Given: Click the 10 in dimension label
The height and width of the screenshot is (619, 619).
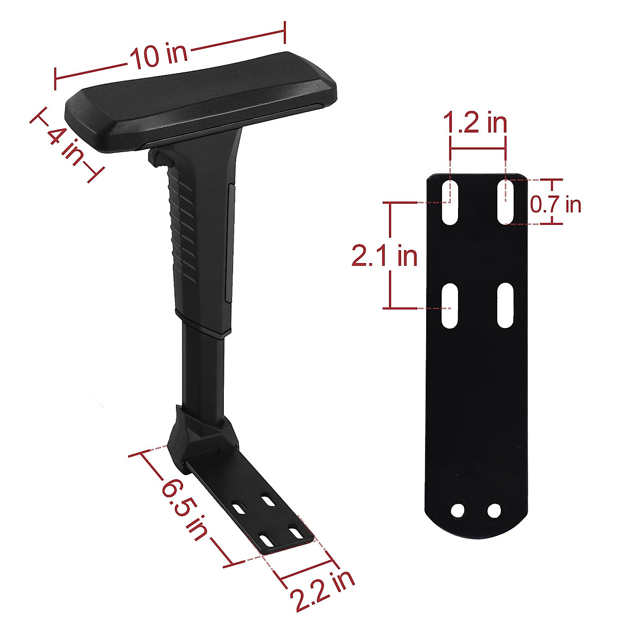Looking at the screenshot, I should [x=158, y=56].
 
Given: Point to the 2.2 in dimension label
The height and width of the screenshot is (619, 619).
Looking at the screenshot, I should [x=321, y=593].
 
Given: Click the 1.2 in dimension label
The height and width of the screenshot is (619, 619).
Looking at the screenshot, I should [x=475, y=124].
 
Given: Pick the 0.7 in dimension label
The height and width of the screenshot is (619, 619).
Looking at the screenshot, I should [x=556, y=205].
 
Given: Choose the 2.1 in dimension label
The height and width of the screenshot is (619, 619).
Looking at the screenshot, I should [x=384, y=256].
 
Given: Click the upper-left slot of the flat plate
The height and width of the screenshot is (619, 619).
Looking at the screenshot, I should [x=450, y=202].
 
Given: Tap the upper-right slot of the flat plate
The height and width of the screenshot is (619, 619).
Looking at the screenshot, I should [x=506, y=202].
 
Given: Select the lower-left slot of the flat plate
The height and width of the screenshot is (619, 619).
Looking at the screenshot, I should [x=450, y=305].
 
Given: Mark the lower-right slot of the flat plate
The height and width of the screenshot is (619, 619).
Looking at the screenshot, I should [x=506, y=305].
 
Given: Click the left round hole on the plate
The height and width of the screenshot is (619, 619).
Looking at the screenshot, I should [x=457, y=511].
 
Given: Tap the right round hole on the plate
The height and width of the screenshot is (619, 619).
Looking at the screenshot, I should [x=494, y=511].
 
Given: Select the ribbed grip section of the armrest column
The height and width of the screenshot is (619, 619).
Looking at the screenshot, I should [x=183, y=227].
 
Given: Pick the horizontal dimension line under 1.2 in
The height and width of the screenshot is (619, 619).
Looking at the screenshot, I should [x=478, y=150].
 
